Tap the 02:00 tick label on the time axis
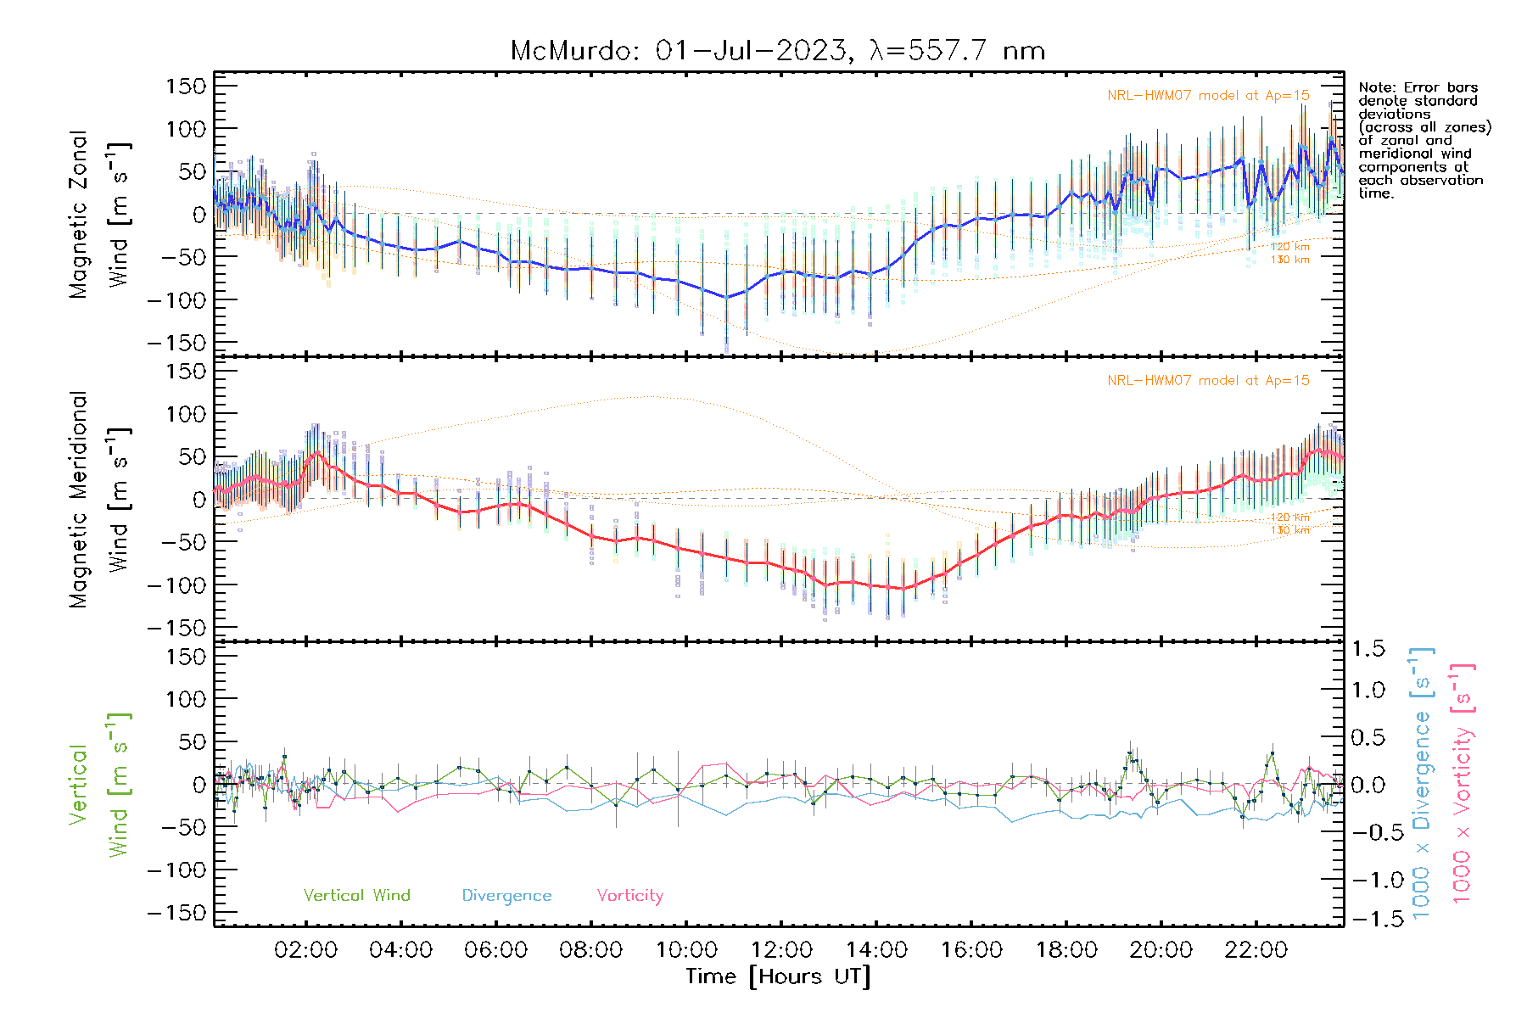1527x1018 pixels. [x=305, y=950]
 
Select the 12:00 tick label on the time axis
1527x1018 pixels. [x=781, y=950]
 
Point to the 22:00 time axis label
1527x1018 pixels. [x=1256, y=950]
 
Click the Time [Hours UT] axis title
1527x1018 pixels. [x=778, y=977]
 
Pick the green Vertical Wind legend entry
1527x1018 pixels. [x=356, y=896]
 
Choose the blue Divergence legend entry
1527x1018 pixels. [x=506, y=896]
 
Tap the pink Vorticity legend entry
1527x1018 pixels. [x=629, y=896]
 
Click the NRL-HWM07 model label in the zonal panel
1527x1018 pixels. [x=1208, y=96]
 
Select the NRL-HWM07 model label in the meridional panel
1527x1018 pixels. [x=1208, y=381]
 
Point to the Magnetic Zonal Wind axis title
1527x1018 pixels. [x=100, y=214]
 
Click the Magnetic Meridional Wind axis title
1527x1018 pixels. [x=100, y=499]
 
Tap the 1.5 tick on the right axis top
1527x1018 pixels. [x=1368, y=649]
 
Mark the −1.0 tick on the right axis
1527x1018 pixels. [x=1368, y=880]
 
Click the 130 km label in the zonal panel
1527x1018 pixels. [x=1289, y=260]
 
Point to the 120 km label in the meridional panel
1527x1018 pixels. [x=1289, y=517]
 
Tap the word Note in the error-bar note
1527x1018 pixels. [x=1375, y=87]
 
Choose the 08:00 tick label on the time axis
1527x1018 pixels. [x=590, y=950]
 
